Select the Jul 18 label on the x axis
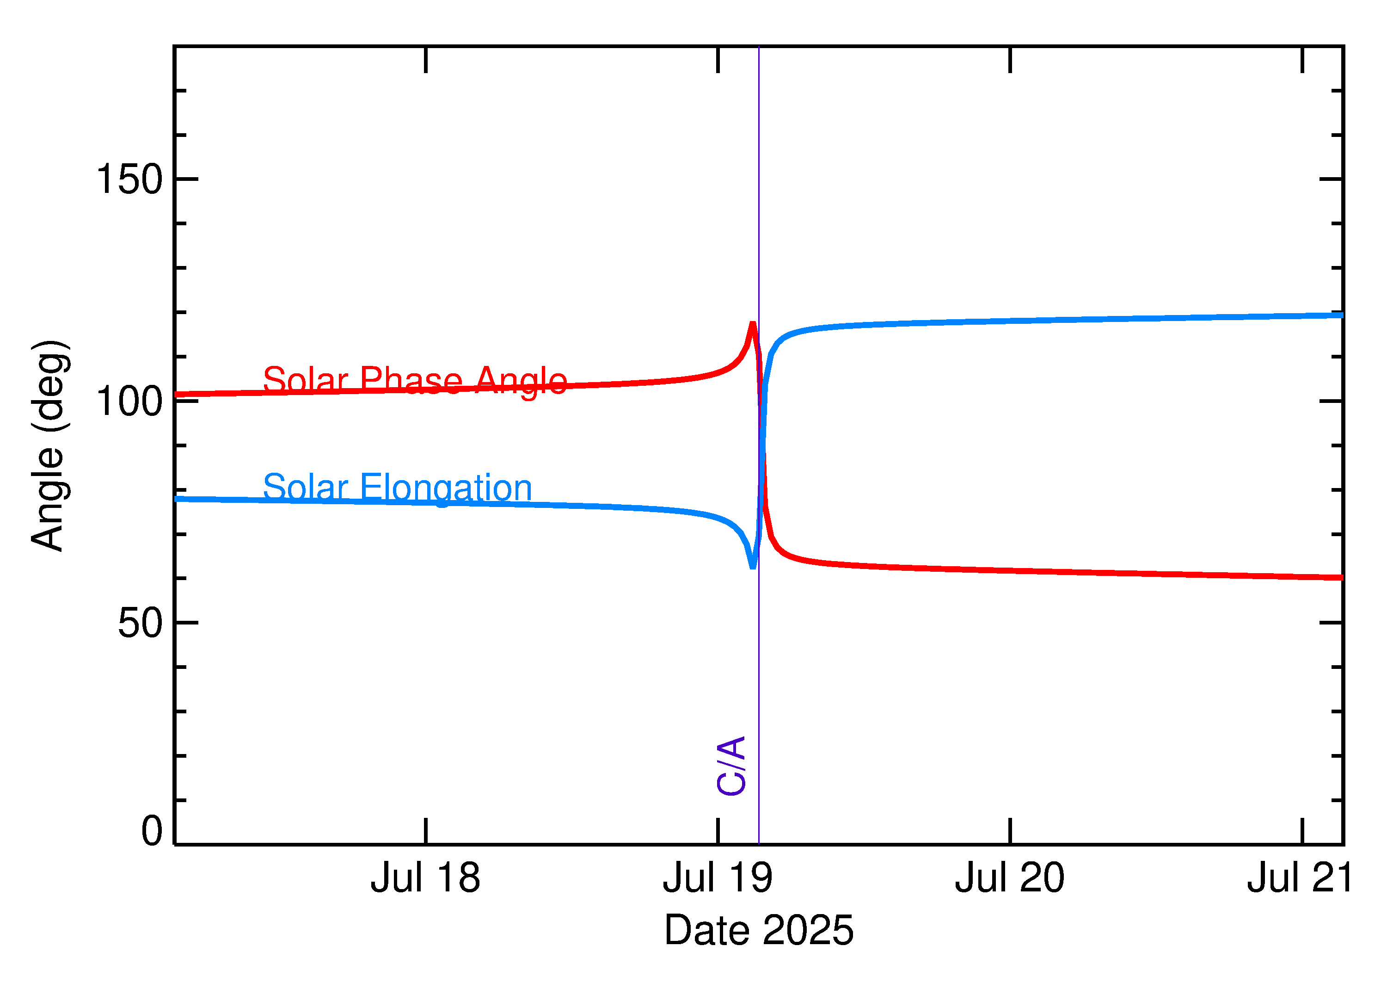coord(425,878)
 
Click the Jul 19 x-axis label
coord(718,878)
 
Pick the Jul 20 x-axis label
coord(1010,878)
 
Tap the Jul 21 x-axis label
coord(1301,878)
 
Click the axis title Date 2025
coord(759,930)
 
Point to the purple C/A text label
coord(730,766)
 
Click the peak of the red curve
coord(753,324)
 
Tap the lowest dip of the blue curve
coord(753,567)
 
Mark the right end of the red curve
coord(1342,578)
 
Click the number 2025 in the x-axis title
coord(808,930)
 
